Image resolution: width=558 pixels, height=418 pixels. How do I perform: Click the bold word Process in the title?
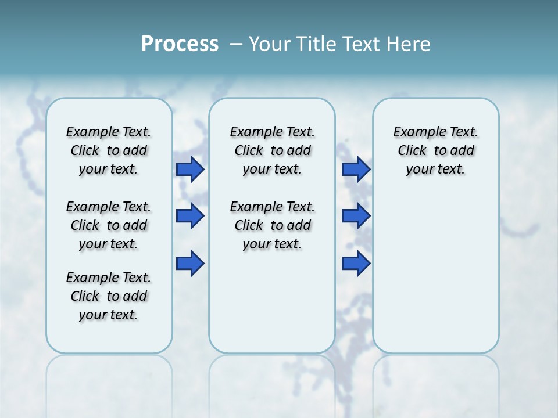click(180, 44)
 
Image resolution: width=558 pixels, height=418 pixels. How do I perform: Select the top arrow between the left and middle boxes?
click(189, 169)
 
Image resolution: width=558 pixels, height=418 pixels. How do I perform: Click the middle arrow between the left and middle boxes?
click(189, 217)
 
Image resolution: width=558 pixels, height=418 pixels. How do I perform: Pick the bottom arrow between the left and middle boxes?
click(189, 264)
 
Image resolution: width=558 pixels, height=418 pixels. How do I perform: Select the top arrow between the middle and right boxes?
click(356, 169)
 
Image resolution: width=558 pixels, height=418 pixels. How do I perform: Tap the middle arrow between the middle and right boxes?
click(356, 217)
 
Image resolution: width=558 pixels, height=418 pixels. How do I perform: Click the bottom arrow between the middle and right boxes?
click(356, 264)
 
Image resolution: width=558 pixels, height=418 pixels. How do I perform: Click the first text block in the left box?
click(109, 150)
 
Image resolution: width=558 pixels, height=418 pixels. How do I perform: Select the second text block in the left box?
click(109, 225)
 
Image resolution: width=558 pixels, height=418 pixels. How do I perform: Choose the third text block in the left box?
click(109, 296)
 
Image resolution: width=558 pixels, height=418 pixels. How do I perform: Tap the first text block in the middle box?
click(272, 150)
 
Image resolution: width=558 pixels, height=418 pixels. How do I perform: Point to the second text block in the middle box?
click(272, 225)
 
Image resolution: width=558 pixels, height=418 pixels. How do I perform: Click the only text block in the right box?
click(435, 150)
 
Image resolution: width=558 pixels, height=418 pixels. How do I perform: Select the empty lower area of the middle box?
click(272, 302)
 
